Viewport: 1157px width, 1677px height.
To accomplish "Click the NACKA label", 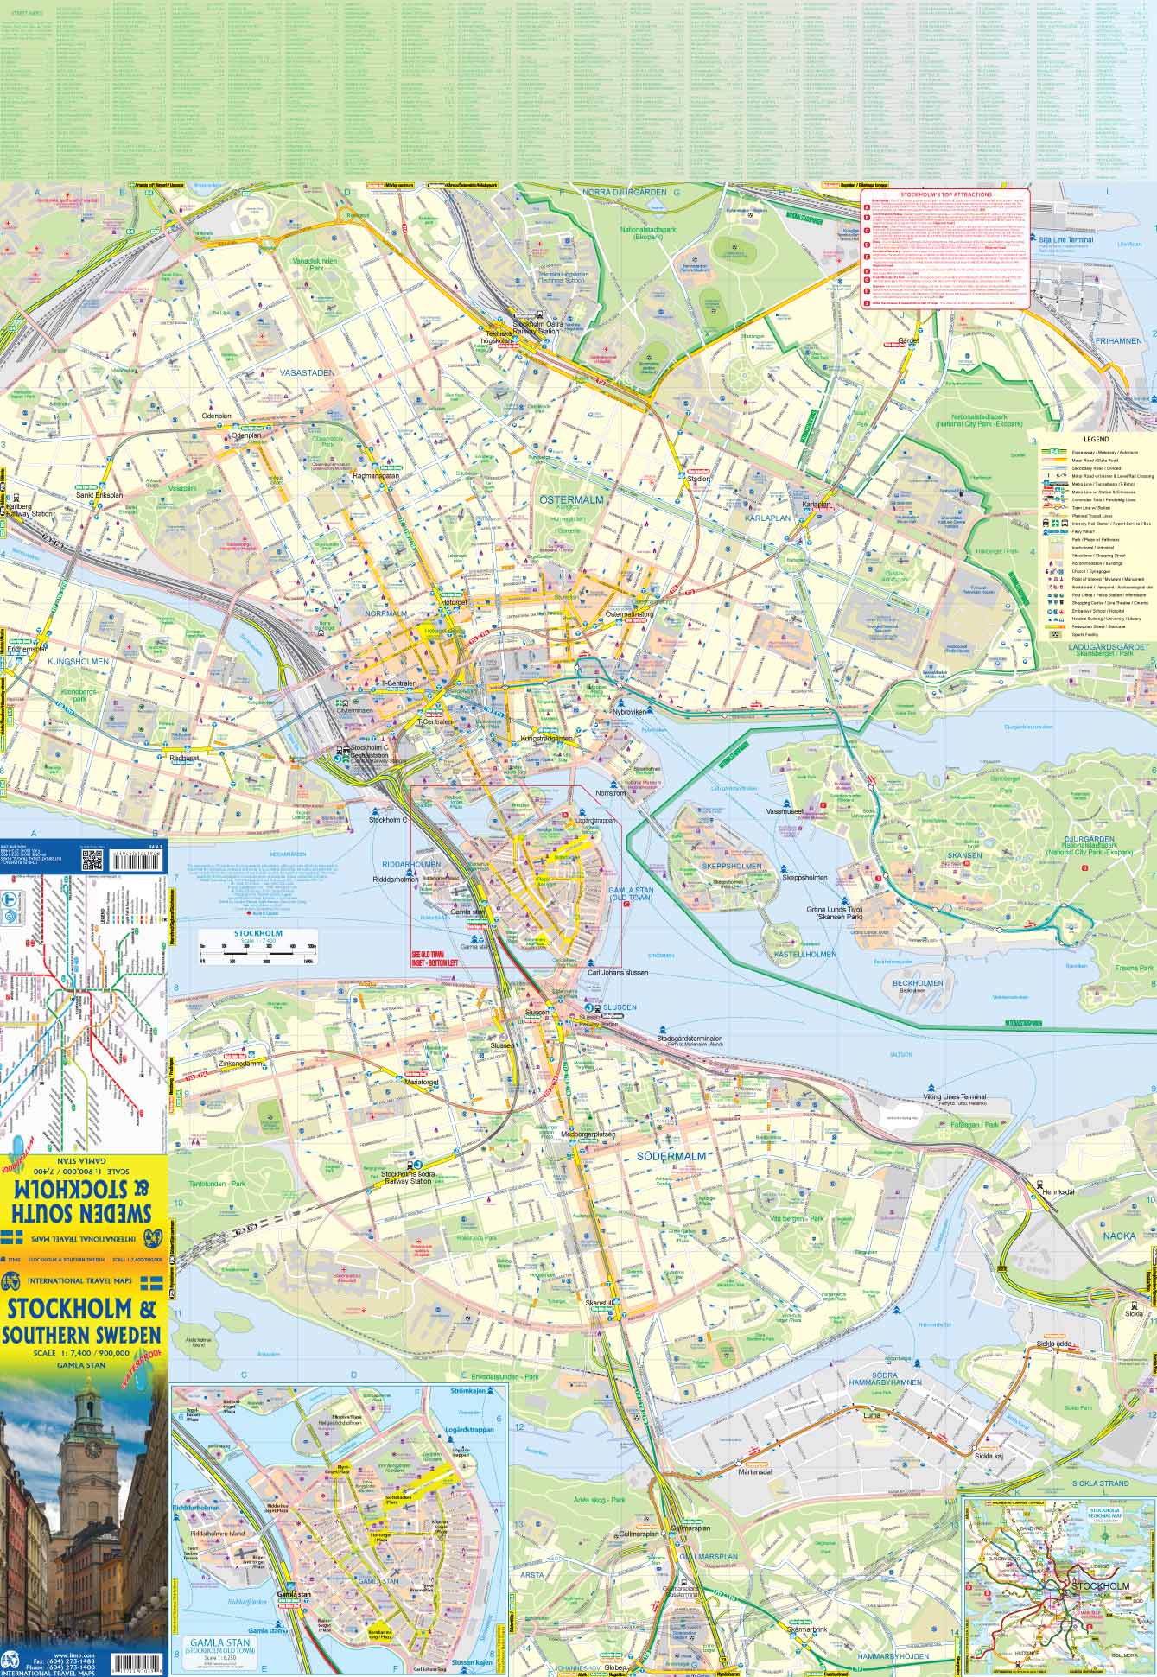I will point(1119,1236).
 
